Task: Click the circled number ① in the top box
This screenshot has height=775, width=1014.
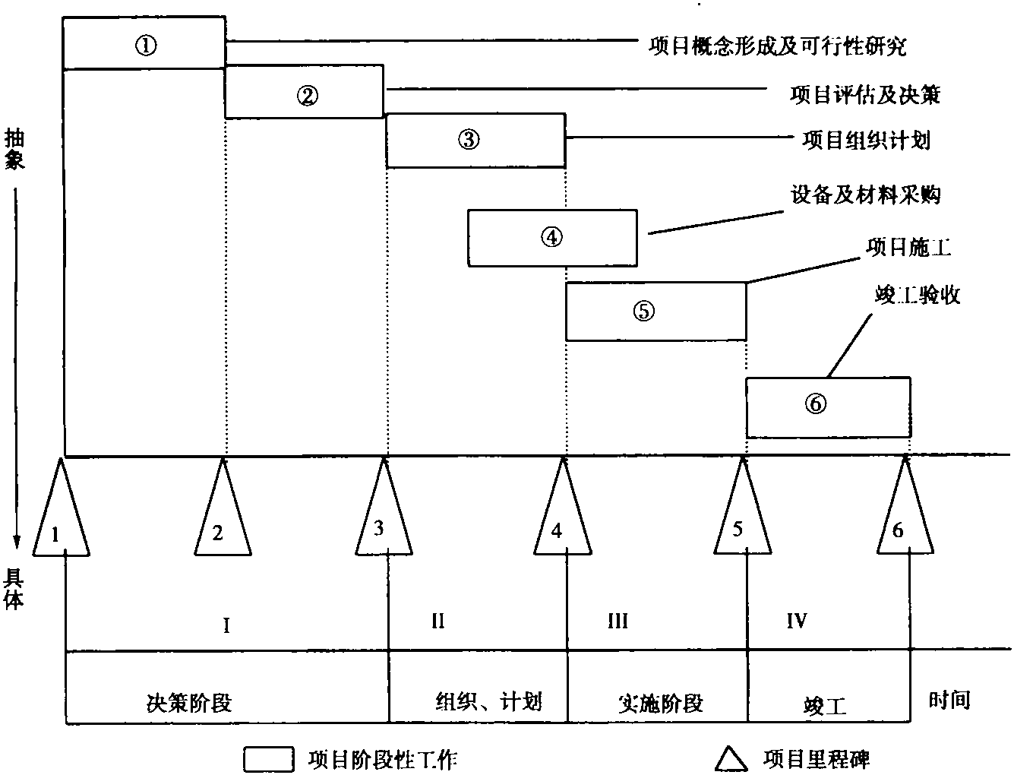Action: [x=146, y=46]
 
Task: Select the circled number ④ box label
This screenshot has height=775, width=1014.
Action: [x=551, y=237]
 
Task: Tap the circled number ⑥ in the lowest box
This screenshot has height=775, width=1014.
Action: [x=816, y=404]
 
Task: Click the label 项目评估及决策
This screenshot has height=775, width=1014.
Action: [x=865, y=95]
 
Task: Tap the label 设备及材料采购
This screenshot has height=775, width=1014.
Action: [x=865, y=195]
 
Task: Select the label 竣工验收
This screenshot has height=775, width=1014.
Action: [x=917, y=295]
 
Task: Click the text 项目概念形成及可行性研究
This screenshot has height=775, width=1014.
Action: [x=778, y=46]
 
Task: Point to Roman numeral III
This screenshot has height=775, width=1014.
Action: [x=618, y=621]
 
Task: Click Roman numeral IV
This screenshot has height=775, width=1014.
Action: [x=797, y=621]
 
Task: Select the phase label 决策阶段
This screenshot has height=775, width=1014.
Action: [x=189, y=704]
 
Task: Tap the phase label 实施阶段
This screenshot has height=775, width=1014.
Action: [x=661, y=704]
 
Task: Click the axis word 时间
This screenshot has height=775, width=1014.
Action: [x=949, y=700]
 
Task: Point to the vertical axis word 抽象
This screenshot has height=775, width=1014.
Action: [x=14, y=149]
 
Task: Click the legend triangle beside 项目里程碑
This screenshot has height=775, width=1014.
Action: [x=731, y=759]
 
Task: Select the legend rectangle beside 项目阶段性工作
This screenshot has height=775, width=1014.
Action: [x=268, y=759]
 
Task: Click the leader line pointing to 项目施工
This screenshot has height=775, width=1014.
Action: [x=804, y=270]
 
